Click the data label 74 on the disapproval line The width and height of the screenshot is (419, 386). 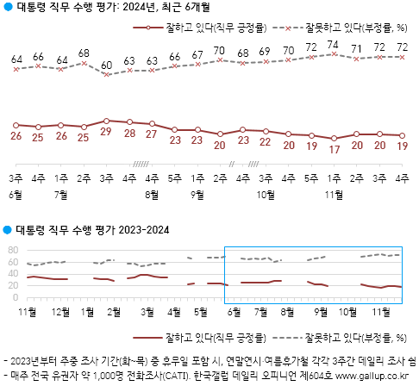pyautogui.click(x=333, y=44)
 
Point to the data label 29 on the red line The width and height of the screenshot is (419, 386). pyautogui.click(x=106, y=132)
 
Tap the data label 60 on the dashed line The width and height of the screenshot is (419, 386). pyautogui.click(x=106, y=65)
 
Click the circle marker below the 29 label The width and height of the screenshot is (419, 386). pyautogui.click(x=106, y=121)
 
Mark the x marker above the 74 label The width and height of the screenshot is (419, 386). pyautogui.click(x=333, y=53)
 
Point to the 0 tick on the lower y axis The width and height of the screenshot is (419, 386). pyautogui.click(x=16, y=297)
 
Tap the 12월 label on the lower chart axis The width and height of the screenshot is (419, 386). pyautogui.click(x=61, y=310)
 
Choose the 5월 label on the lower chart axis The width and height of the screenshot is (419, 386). pyautogui.click(x=201, y=310)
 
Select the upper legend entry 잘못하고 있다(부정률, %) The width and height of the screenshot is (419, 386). pyautogui.click(x=353, y=28)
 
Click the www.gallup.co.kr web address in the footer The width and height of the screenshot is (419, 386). pyautogui.click(x=369, y=377)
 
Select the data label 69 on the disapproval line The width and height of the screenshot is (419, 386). pyautogui.click(x=265, y=51)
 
